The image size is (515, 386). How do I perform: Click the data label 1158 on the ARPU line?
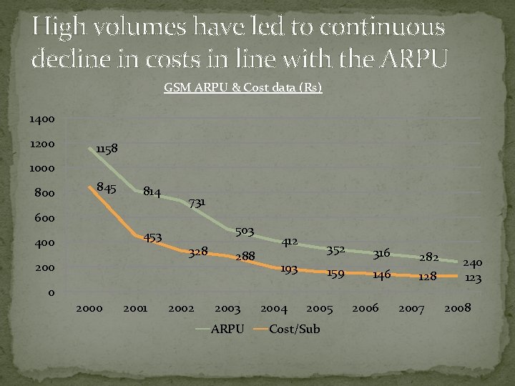tap(108, 149)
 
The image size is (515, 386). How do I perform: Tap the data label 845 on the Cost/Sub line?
tap(107, 189)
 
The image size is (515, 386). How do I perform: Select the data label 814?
tap(152, 192)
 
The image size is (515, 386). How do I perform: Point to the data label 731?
tap(197, 203)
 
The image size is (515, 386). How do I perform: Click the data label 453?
tap(154, 237)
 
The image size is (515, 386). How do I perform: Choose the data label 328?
tap(198, 252)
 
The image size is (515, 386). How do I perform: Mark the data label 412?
tap(289, 242)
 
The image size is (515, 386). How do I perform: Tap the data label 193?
tap(289, 269)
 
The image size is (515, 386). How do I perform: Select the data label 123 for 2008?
tap(472, 278)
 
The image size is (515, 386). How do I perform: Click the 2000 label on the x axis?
tap(89, 309)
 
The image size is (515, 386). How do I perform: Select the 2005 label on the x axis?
tap(320, 309)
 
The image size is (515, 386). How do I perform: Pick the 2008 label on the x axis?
tap(457, 309)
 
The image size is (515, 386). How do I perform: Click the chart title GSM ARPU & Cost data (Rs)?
tap(243, 88)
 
